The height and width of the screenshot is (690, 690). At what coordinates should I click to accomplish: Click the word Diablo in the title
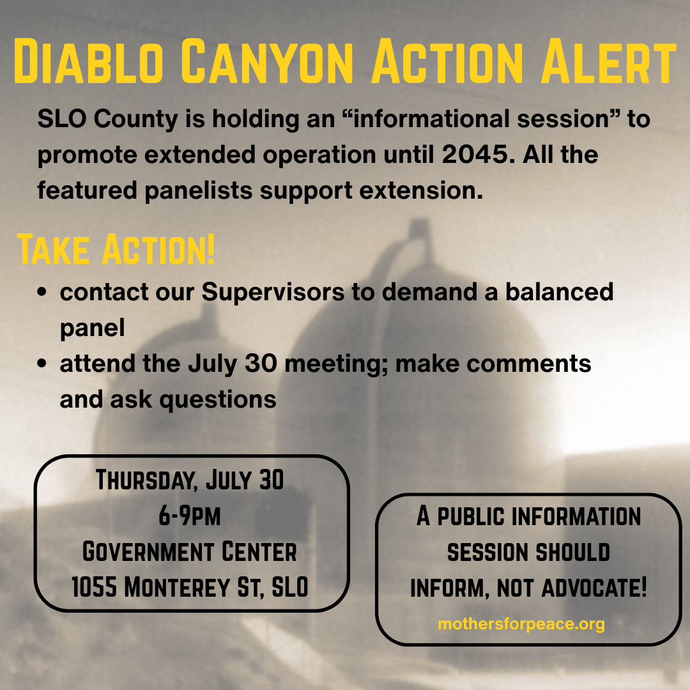point(88,61)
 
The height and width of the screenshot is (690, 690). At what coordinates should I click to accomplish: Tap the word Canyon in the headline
point(267,61)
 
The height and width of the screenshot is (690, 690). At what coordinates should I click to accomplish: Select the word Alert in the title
point(609,61)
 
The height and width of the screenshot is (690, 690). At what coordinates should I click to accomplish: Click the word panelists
point(199,191)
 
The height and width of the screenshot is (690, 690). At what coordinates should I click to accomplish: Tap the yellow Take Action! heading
point(116,250)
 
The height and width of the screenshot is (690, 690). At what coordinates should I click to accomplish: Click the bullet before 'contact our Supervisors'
point(42,292)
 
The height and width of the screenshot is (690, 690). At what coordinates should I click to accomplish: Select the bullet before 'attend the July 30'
point(42,364)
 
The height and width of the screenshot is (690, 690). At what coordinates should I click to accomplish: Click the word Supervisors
point(273,292)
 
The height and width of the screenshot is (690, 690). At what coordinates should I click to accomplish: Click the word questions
point(218,400)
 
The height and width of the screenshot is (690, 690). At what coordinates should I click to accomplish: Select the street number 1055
point(95,587)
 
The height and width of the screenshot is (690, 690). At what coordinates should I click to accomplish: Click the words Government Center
point(190,551)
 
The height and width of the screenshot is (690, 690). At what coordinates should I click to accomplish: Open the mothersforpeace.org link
point(521,624)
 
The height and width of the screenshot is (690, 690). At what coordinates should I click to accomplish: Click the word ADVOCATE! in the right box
point(595,588)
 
